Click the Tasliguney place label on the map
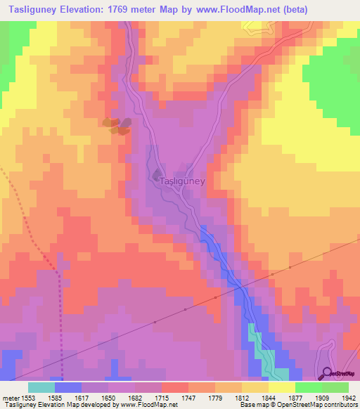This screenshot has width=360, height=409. (182, 181)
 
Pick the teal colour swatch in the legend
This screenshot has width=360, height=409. (41, 387)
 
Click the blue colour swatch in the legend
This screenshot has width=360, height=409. (68, 387)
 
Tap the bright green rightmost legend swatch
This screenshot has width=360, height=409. (335, 387)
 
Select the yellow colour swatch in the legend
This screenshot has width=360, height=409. (282, 387)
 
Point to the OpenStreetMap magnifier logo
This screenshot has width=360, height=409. (326, 375)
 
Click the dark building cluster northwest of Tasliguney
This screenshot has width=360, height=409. (117, 125)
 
